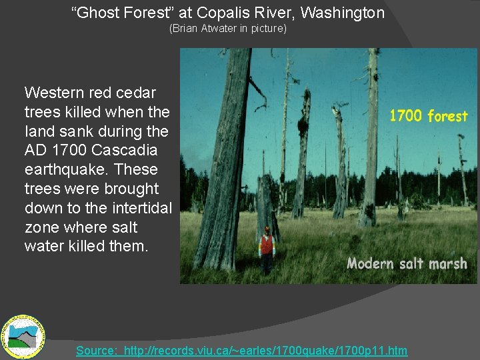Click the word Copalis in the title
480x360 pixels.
click(220, 12)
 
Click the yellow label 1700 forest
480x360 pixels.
click(428, 116)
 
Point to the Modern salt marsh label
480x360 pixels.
click(407, 263)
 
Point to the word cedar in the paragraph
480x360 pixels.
click(138, 92)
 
